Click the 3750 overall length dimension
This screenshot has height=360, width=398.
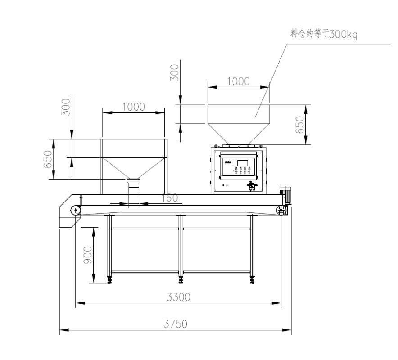coord(176,324)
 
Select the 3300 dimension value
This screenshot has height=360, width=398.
coord(179,297)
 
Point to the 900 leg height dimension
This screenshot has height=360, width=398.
coord(88,255)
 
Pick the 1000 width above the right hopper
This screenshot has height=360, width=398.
coord(238,82)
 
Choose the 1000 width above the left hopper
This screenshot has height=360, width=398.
coord(133,107)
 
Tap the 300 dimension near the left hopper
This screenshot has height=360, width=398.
coord(66,107)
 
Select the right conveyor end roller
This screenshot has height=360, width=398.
coord(281,210)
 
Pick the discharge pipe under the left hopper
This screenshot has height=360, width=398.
coord(134,193)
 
